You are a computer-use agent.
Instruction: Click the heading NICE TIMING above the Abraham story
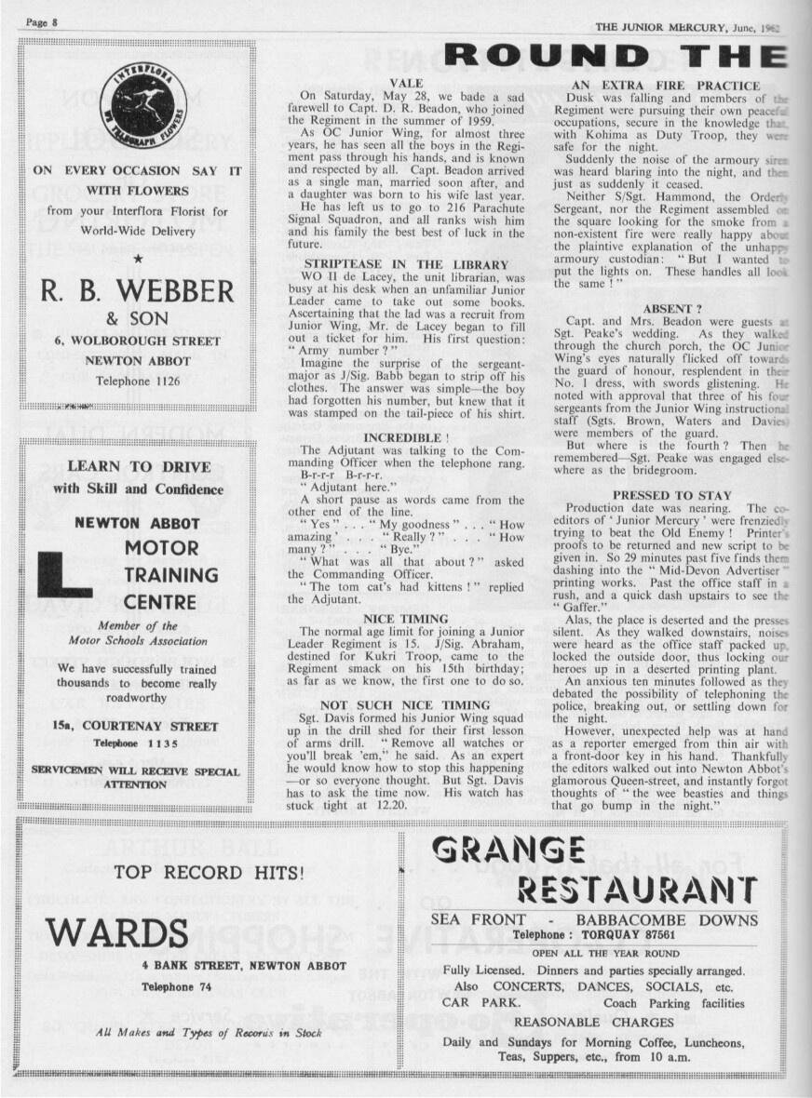[405, 619]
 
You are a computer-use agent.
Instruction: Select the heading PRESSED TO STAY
[672, 496]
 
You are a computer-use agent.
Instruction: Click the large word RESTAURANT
[637, 890]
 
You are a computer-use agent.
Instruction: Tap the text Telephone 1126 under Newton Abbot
[136, 381]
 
